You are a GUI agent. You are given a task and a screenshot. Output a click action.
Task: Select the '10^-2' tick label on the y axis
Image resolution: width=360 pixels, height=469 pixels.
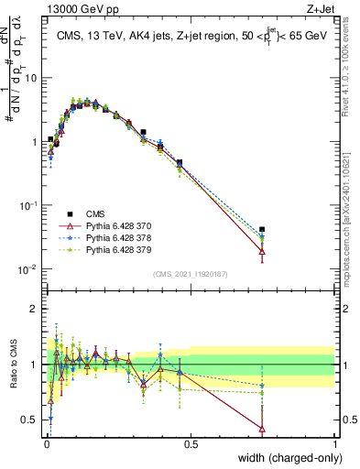pos(28,269)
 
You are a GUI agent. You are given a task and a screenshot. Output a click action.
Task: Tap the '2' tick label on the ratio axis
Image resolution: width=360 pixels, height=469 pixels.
pos(34,309)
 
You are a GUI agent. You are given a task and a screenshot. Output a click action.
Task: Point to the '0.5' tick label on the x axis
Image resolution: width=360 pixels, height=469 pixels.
pos(191,443)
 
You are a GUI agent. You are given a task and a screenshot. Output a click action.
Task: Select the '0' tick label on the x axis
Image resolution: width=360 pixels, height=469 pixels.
pos(46,443)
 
